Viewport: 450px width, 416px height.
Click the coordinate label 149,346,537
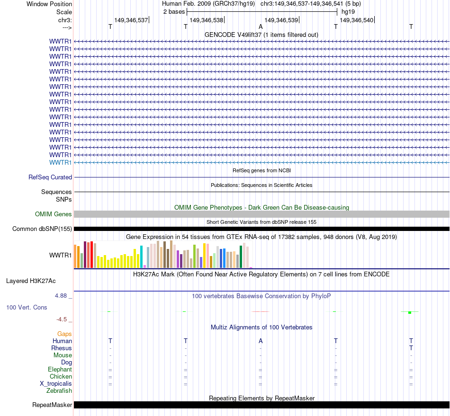(131, 20)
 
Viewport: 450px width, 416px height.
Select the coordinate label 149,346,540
(357, 20)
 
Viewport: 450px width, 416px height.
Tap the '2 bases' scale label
(174, 11)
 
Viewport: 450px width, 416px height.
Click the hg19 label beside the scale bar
(348, 11)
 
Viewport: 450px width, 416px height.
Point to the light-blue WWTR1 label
(61, 162)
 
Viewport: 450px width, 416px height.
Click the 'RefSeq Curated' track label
(50, 177)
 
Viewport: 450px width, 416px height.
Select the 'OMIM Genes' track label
(54, 214)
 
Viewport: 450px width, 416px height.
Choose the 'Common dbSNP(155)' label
(42, 229)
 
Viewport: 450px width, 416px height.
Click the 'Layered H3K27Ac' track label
(31, 281)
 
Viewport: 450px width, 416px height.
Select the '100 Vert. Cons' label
(27, 308)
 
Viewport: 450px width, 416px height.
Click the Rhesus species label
(62, 348)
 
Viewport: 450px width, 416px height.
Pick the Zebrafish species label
(59, 391)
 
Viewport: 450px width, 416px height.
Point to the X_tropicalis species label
(56, 384)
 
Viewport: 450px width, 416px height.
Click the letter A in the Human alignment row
(261, 341)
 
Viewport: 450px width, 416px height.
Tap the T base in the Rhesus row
(411, 348)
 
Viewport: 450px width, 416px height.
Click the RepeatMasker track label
(52, 405)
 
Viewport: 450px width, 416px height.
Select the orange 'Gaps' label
(64, 334)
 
